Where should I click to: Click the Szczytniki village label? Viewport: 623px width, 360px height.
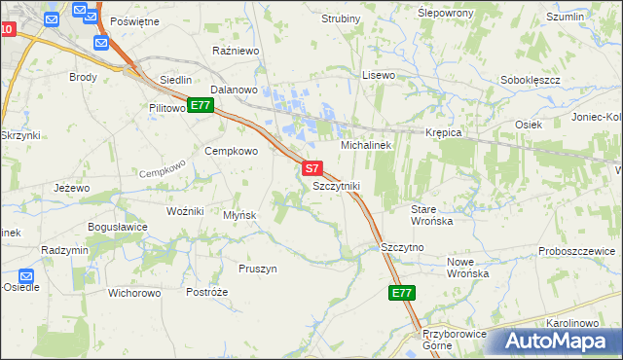(337, 185)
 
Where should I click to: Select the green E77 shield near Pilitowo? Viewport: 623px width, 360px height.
(200, 105)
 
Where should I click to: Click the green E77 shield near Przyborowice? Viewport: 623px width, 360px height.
(402, 292)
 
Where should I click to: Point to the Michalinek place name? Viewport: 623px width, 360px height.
(365, 145)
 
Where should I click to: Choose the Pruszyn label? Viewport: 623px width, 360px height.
(258, 268)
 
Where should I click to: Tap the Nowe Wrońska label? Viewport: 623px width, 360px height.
(467, 268)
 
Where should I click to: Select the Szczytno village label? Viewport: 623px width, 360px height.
(403, 247)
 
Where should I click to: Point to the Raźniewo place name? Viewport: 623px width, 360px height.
(234, 49)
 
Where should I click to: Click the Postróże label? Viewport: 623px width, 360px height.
(206, 292)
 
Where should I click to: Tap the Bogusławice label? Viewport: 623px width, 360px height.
(117, 227)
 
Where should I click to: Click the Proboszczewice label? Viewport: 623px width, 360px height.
(576, 251)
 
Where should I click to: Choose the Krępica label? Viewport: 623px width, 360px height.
(442, 132)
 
